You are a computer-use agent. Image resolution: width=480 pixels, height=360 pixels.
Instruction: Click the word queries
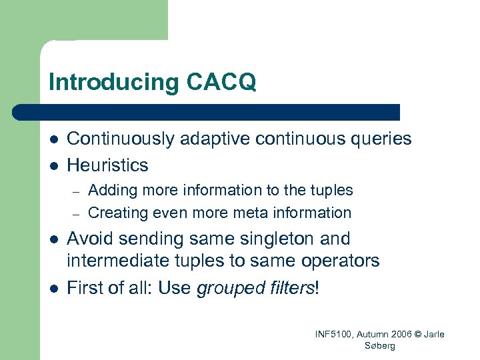pos(377,139)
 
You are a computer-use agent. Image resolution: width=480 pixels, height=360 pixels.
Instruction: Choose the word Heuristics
pos(108,165)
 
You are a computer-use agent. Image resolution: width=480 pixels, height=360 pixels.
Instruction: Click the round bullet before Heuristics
pos(53,165)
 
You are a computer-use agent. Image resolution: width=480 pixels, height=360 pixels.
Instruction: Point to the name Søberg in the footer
pos(380,345)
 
